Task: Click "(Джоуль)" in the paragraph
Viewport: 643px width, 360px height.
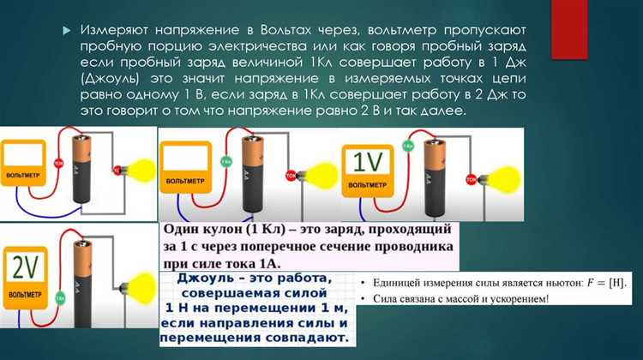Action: click(x=111, y=77)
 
